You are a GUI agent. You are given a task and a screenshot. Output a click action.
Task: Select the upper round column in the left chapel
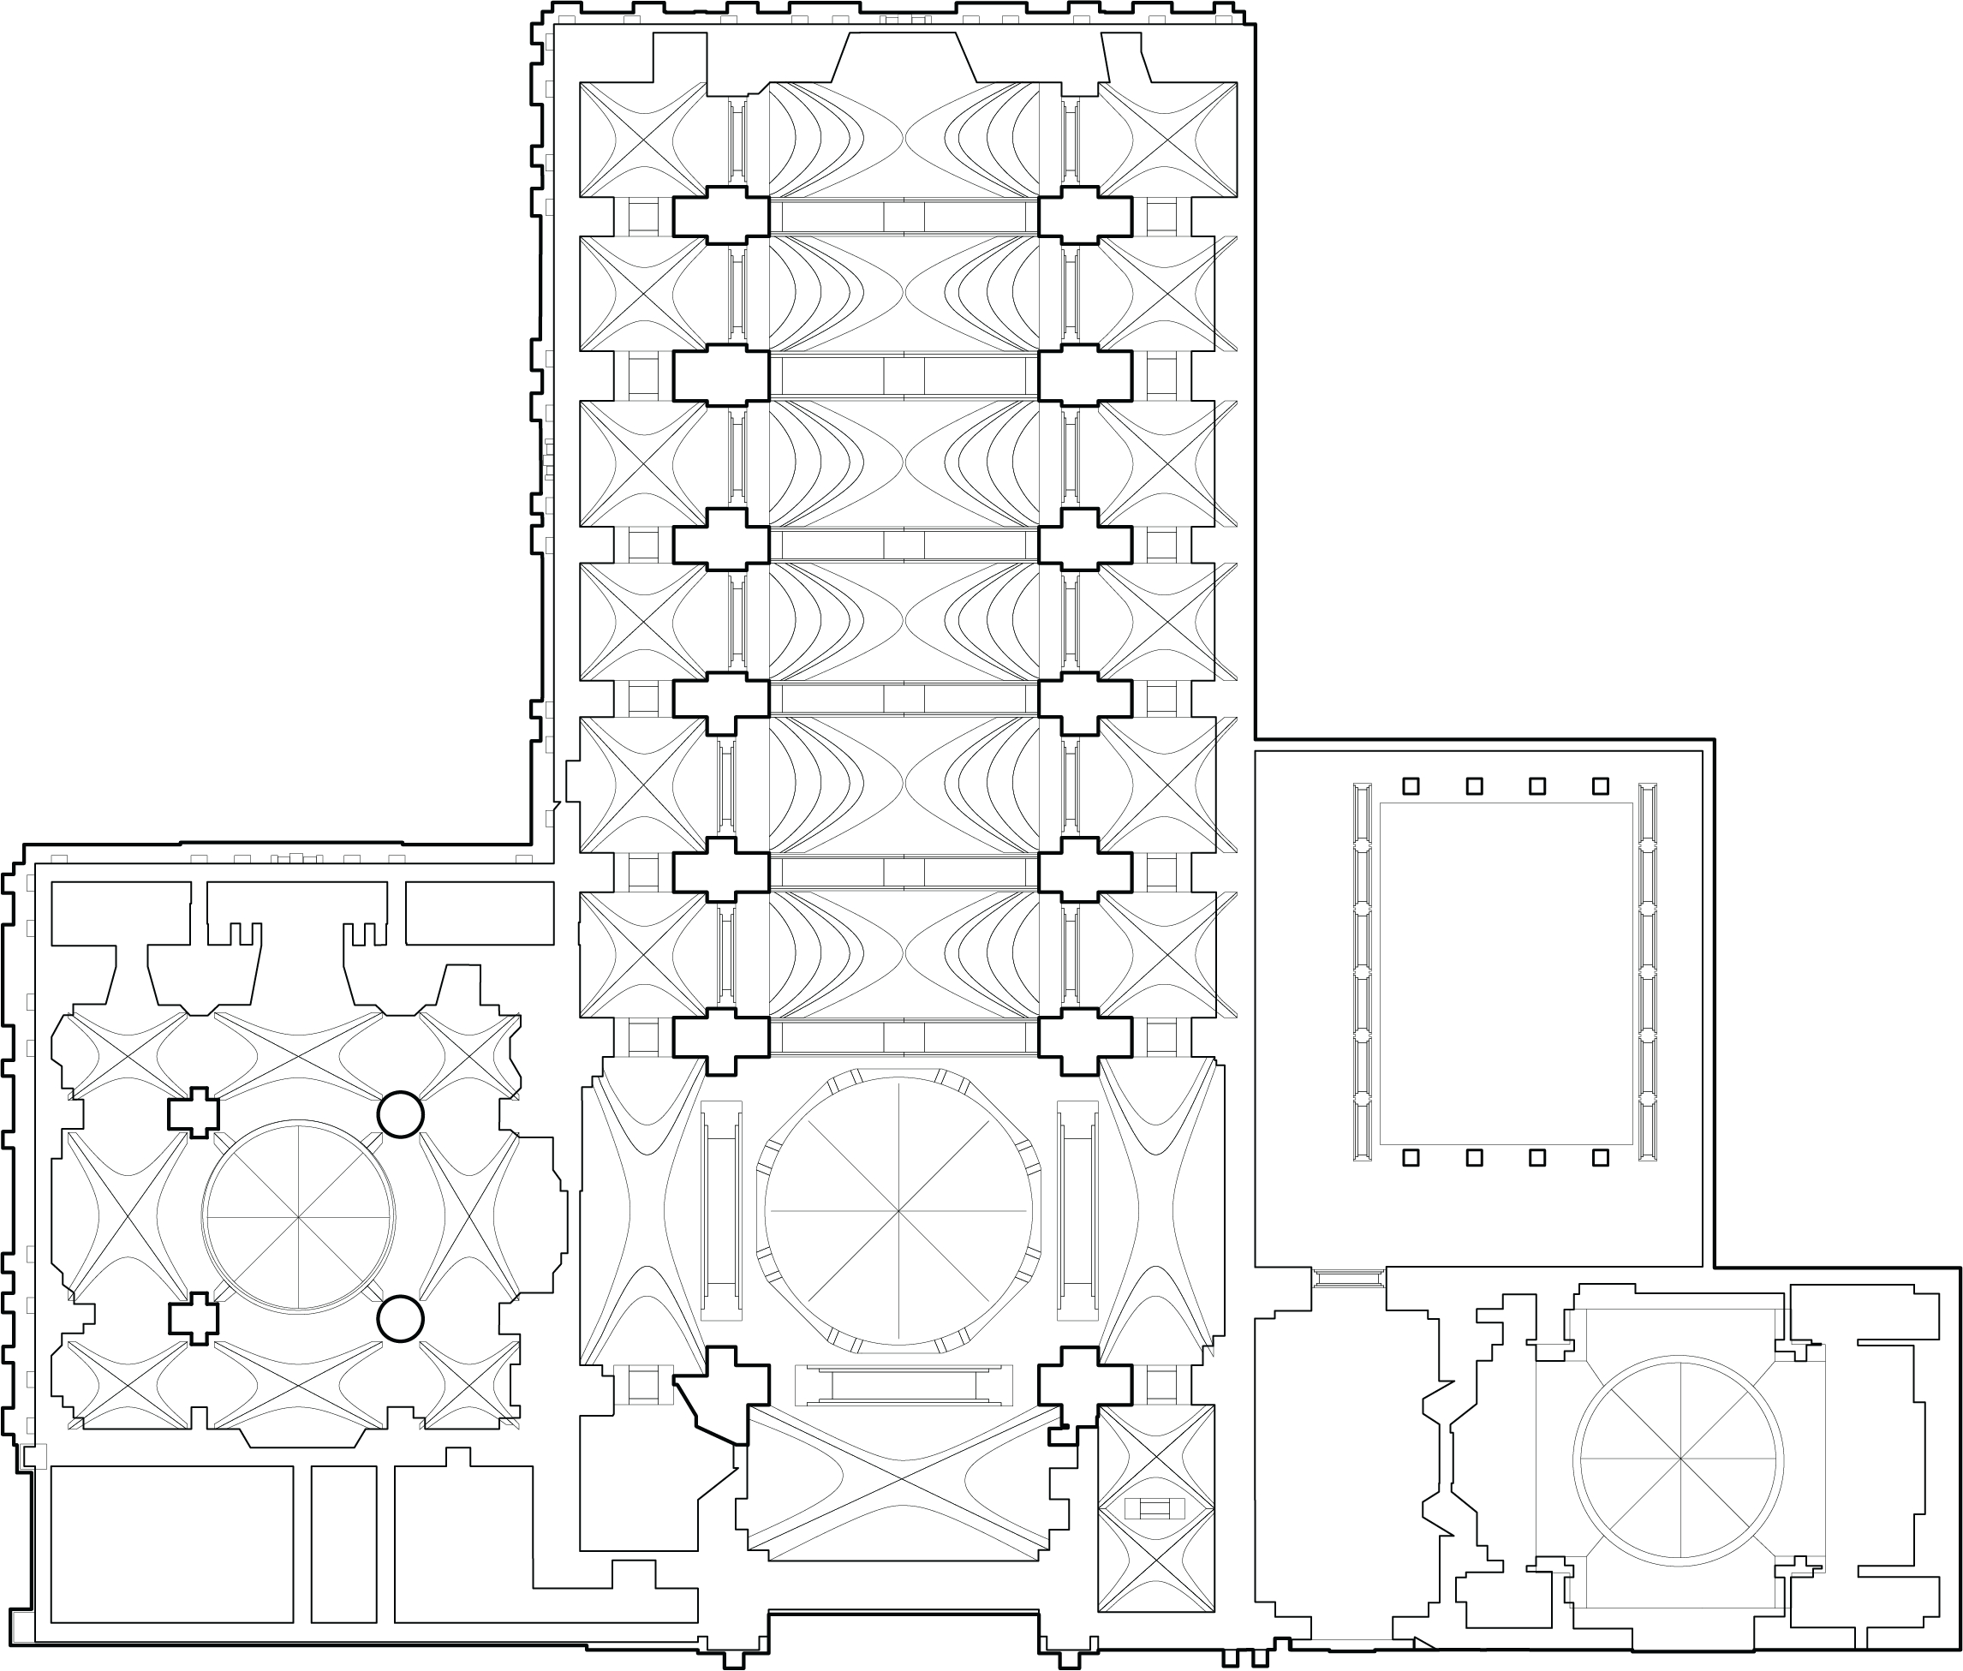(400, 1114)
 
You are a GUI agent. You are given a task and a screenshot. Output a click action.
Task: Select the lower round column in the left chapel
(400, 1319)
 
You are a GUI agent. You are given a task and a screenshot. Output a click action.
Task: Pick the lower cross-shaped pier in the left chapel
(194, 1319)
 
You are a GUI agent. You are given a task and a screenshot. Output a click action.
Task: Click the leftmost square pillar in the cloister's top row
(1411, 785)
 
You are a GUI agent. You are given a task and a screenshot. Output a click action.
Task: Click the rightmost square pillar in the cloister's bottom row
(1600, 1158)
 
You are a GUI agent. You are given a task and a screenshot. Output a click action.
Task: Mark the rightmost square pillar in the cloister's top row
(1600, 785)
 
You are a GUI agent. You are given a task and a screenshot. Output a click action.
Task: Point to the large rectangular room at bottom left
(171, 1544)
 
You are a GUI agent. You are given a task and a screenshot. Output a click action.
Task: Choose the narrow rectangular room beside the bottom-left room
(344, 1544)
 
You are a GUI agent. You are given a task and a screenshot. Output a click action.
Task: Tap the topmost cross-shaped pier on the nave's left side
(720, 217)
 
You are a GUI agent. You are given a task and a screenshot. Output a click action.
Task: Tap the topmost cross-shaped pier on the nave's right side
(1085, 217)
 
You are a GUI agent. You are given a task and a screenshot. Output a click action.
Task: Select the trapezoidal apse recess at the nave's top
(903, 57)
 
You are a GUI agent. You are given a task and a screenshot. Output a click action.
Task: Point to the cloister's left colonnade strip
(1363, 971)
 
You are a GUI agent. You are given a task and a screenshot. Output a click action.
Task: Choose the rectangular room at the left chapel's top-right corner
(480, 913)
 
